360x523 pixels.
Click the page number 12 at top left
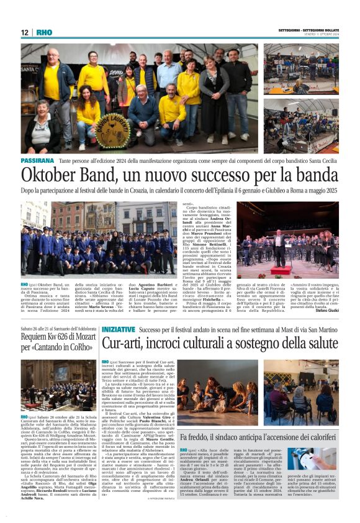click(x=25, y=32)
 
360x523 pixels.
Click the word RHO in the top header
click(x=44, y=32)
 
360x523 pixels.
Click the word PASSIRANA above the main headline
click(x=37, y=161)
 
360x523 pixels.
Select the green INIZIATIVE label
click(x=118, y=329)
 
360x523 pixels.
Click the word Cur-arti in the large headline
click(x=125, y=343)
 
